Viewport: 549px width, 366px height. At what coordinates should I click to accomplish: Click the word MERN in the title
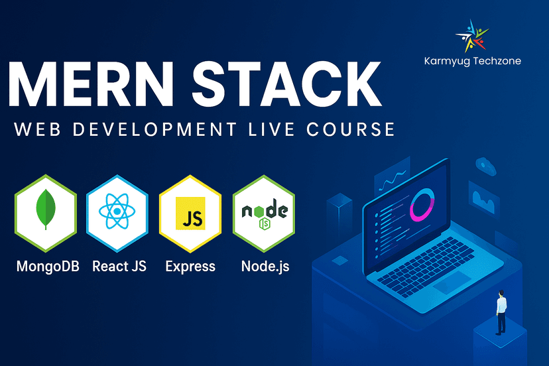[91, 84]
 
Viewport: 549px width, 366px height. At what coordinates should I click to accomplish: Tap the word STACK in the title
[286, 84]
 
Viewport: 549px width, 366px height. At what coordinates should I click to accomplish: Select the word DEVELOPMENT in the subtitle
[154, 129]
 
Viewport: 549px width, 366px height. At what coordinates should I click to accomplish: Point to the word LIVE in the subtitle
[271, 129]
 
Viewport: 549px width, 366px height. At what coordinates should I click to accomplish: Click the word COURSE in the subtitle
[351, 129]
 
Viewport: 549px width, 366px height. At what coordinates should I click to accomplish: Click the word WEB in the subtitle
[38, 129]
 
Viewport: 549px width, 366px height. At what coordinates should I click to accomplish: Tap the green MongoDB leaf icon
[46, 210]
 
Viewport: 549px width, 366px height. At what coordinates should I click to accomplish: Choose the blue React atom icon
[117, 212]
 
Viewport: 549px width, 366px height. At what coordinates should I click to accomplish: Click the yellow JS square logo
[190, 213]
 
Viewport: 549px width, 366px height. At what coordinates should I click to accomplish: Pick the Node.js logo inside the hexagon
[265, 213]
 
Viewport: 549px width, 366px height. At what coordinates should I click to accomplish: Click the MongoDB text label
[48, 267]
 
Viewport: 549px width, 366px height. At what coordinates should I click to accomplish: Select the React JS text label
[119, 266]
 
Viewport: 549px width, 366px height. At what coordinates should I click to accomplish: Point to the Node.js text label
[265, 267]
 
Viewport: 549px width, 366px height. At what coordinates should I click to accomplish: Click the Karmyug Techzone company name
[472, 61]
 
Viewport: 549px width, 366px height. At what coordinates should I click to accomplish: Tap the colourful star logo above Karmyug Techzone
[471, 36]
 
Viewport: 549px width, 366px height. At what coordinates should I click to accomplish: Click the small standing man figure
[501, 312]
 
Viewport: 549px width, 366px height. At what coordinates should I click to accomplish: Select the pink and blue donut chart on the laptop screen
[422, 205]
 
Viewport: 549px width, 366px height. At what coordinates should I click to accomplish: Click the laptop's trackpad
[452, 282]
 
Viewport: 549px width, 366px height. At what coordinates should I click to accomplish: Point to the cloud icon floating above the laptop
[485, 166]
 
